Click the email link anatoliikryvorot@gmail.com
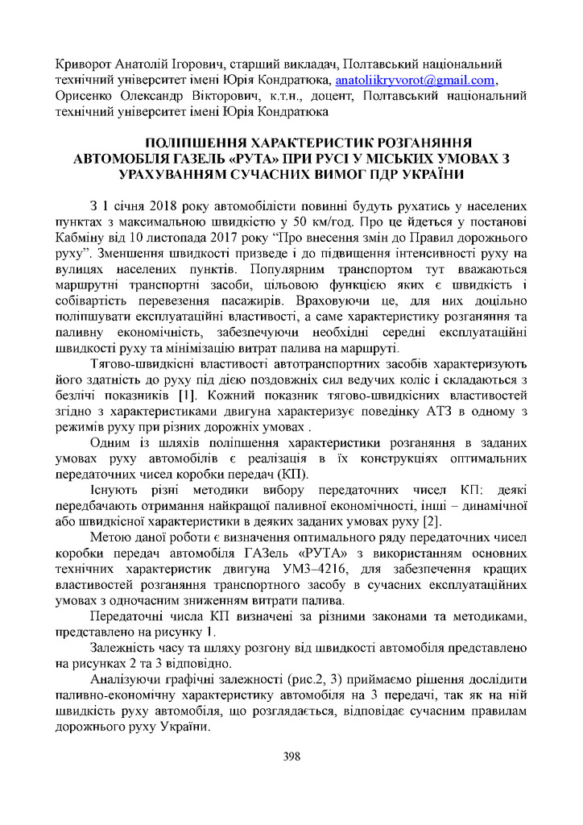(x=415, y=81)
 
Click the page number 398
(x=291, y=756)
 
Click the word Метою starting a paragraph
(x=111, y=538)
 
